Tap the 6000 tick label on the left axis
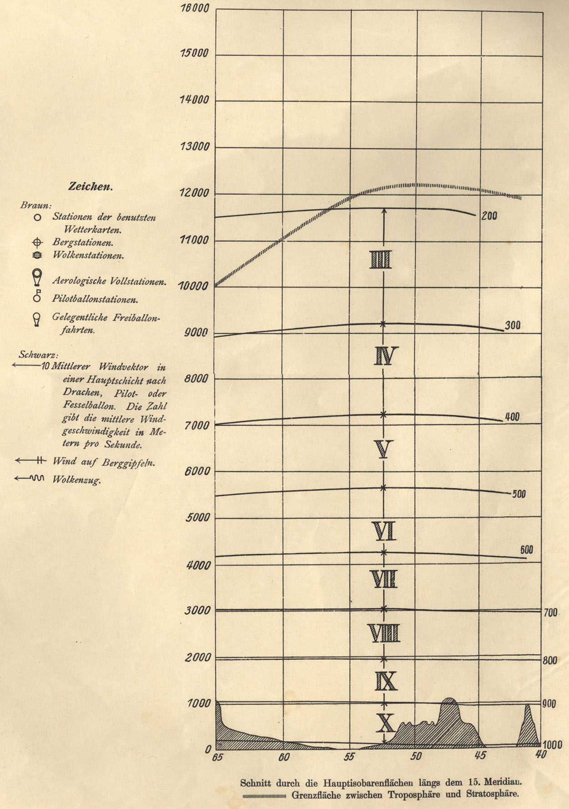[x=197, y=471]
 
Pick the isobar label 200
[x=489, y=216]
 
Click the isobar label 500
[x=519, y=494]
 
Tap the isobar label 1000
[x=553, y=745]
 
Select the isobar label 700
[x=550, y=613]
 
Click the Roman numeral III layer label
[x=381, y=260]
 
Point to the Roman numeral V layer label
[x=383, y=449]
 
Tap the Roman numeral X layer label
[x=385, y=722]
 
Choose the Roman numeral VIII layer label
[x=383, y=633]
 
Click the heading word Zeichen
[x=91, y=186]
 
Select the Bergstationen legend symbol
[x=37, y=243]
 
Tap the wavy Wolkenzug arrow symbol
[x=29, y=478]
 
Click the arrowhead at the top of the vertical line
[x=383, y=211]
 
